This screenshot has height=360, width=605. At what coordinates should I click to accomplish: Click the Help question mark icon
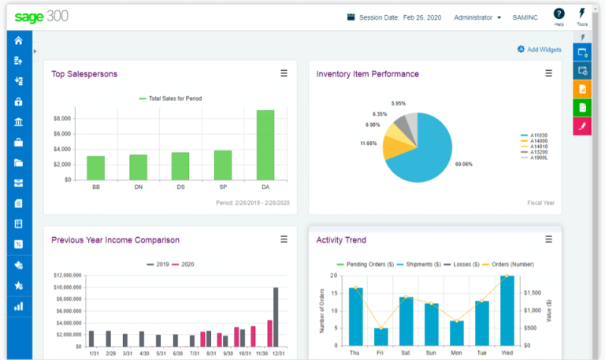tap(559, 14)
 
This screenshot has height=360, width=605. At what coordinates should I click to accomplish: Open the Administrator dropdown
tap(477, 17)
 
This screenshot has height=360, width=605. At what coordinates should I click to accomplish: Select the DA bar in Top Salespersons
tap(265, 145)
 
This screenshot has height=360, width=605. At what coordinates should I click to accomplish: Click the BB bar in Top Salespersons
tap(95, 168)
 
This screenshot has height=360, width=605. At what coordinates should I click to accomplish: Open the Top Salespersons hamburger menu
tap(284, 73)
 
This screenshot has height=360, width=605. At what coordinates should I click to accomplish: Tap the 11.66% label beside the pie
tap(368, 143)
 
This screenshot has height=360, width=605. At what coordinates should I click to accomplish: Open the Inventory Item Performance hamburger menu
tap(549, 73)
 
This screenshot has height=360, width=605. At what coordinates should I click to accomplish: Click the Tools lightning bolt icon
tap(581, 13)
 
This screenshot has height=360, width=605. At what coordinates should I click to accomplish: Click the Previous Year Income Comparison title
tap(115, 239)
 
